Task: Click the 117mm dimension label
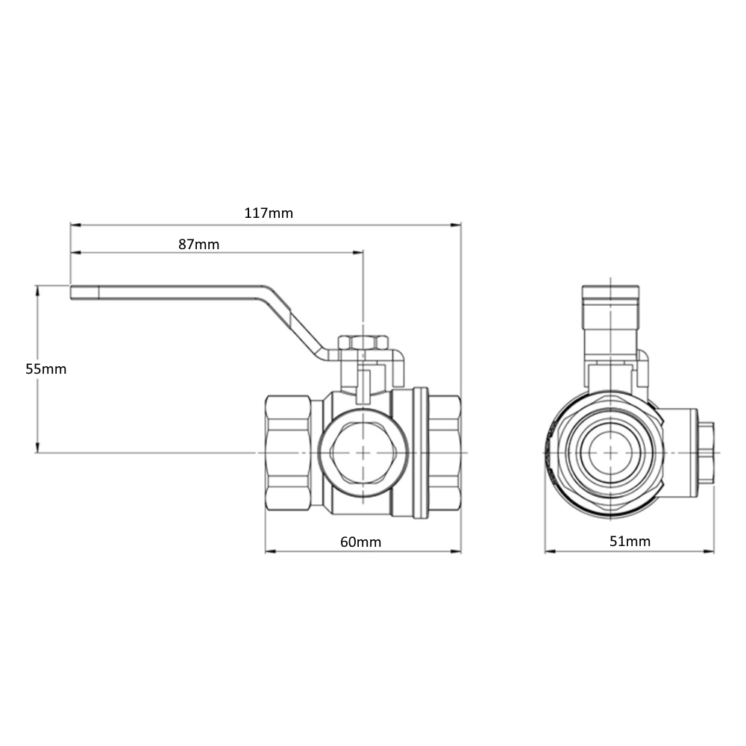tap(269, 213)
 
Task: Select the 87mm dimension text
tap(199, 244)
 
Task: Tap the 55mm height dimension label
tap(46, 369)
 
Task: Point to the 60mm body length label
tap(360, 542)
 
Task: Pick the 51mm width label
tap(630, 541)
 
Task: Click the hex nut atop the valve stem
tap(363, 342)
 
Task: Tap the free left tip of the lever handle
tap(72, 292)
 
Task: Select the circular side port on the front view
tap(363, 453)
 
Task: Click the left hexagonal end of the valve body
tap(288, 453)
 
